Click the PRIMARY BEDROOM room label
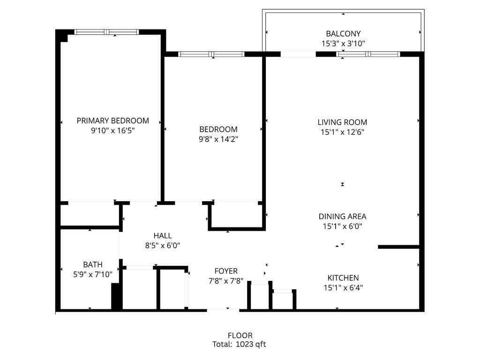112,120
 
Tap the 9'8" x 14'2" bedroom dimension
218,139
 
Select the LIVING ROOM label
342,122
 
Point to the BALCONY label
343,34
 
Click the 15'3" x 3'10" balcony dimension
343,44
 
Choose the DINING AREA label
342,217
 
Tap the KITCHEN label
343,278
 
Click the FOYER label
226,271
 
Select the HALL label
163,235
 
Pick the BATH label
93,264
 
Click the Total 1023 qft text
240,344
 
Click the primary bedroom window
107,32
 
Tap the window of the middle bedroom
212,54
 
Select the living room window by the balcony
368,54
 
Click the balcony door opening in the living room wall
298,54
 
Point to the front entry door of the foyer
223,309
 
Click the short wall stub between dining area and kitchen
398,247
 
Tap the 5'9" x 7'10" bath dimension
93,274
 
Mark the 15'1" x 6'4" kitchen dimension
343,288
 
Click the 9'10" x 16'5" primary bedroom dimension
112,131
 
